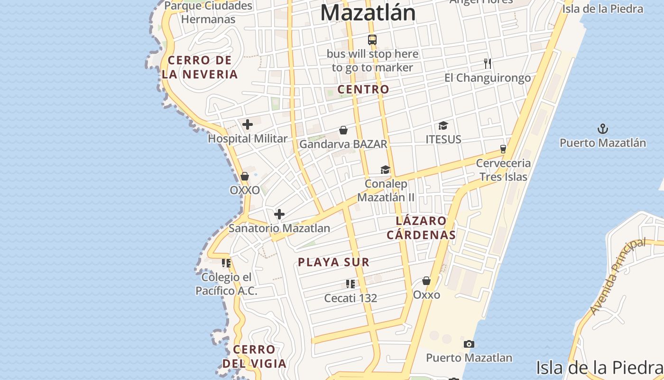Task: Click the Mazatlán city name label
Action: tap(368, 12)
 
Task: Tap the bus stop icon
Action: tap(372, 40)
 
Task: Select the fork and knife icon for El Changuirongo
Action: tap(488, 63)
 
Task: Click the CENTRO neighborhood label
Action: tap(363, 89)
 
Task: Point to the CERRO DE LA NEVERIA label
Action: tap(200, 67)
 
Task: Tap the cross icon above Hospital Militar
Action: tap(248, 125)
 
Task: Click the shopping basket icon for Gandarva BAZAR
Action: tap(343, 130)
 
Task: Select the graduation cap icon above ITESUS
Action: tap(443, 125)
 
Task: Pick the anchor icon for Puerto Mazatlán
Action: tap(602, 129)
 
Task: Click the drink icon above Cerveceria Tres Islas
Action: tap(503, 149)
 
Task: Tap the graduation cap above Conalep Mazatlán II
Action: tap(385, 170)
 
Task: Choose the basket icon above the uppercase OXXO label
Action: tap(245, 176)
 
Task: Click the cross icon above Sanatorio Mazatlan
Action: tap(279, 214)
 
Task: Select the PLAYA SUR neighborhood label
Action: tap(333, 262)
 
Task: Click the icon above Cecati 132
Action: tap(350, 284)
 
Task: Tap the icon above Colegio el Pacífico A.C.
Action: tap(226, 263)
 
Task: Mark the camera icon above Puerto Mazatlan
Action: tap(469, 344)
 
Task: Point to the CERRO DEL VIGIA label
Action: tap(254, 357)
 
